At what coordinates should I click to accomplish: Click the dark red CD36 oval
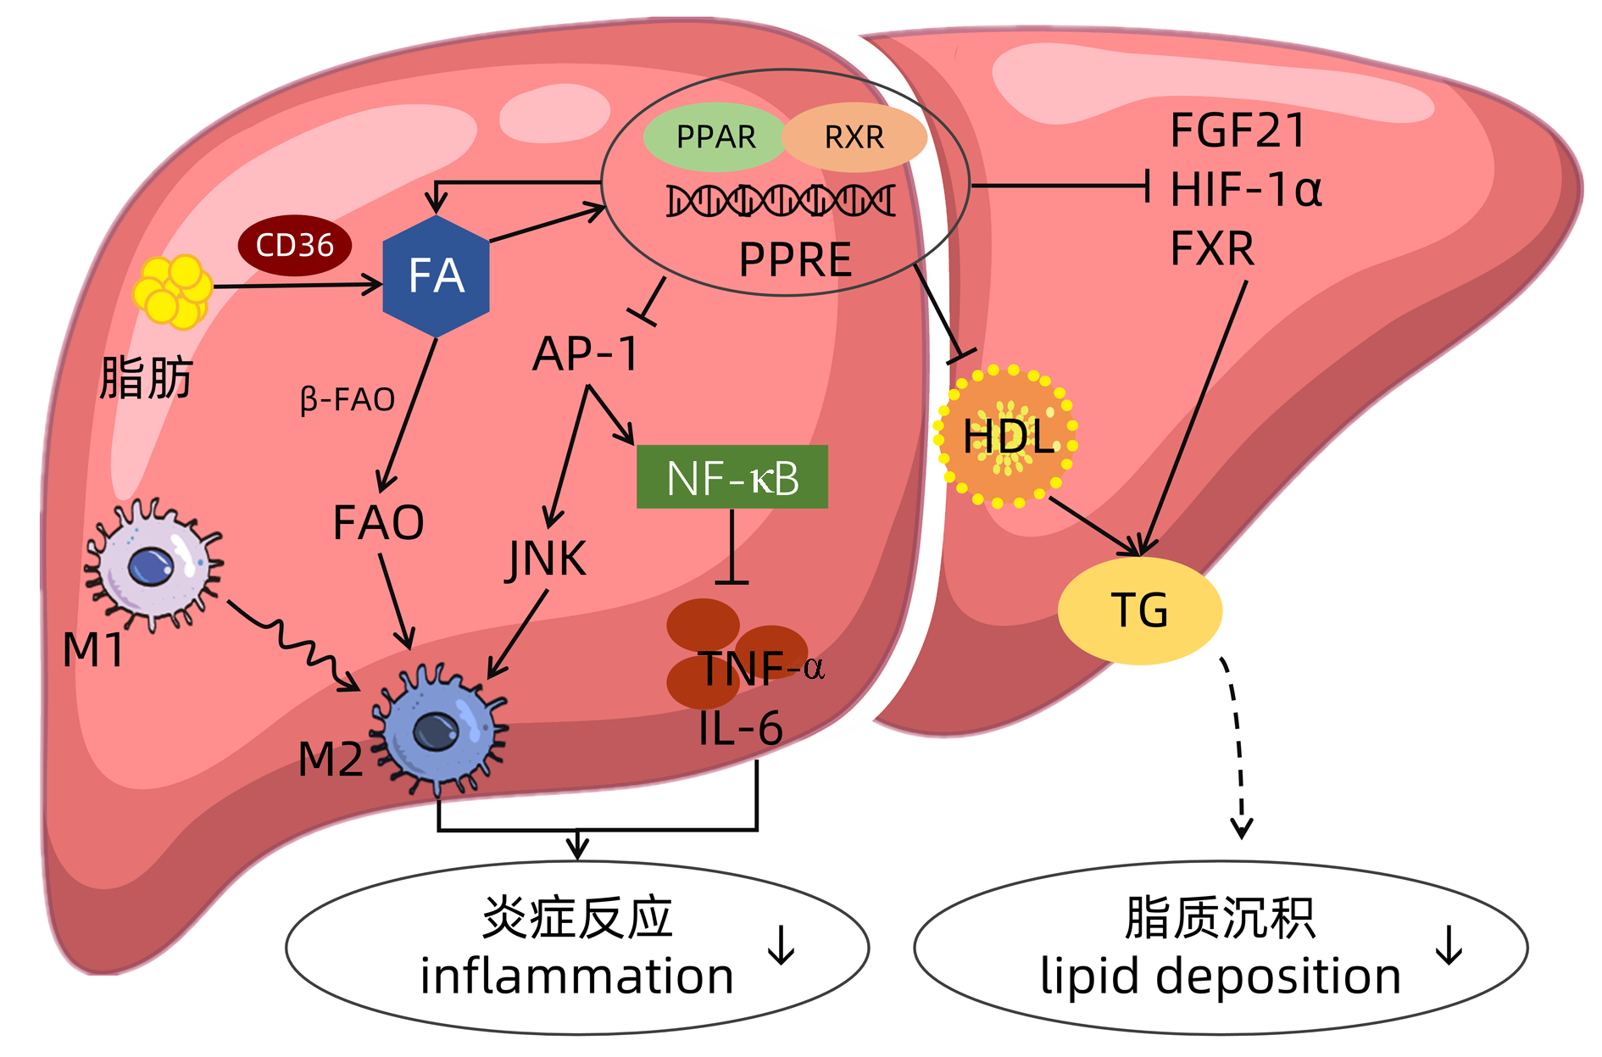pyautogui.click(x=294, y=245)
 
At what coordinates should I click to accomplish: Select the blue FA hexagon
pyautogui.click(x=436, y=276)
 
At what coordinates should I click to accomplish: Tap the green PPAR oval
pyautogui.click(x=715, y=136)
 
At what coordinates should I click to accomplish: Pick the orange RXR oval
pyautogui.click(x=854, y=137)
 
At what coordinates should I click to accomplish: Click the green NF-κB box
pyautogui.click(x=731, y=477)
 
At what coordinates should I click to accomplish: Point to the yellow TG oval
pyautogui.click(x=1139, y=610)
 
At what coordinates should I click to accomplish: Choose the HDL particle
pyautogui.click(x=1006, y=437)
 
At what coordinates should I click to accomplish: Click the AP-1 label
pyautogui.click(x=585, y=353)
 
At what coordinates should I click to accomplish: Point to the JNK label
pyautogui.click(x=547, y=559)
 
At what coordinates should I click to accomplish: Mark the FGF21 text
pyautogui.click(x=1238, y=131)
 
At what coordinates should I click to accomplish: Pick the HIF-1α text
pyautogui.click(x=1245, y=189)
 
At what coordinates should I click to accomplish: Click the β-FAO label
pyautogui.click(x=348, y=399)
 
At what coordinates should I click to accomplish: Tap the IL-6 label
pyautogui.click(x=740, y=728)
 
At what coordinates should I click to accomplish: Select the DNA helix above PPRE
pyautogui.click(x=781, y=201)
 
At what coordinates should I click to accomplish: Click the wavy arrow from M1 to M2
pyautogui.click(x=292, y=644)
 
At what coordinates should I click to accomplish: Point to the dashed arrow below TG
pyautogui.click(x=1237, y=746)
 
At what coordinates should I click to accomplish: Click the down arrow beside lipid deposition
pyautogui.click(x=1449, y=945)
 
